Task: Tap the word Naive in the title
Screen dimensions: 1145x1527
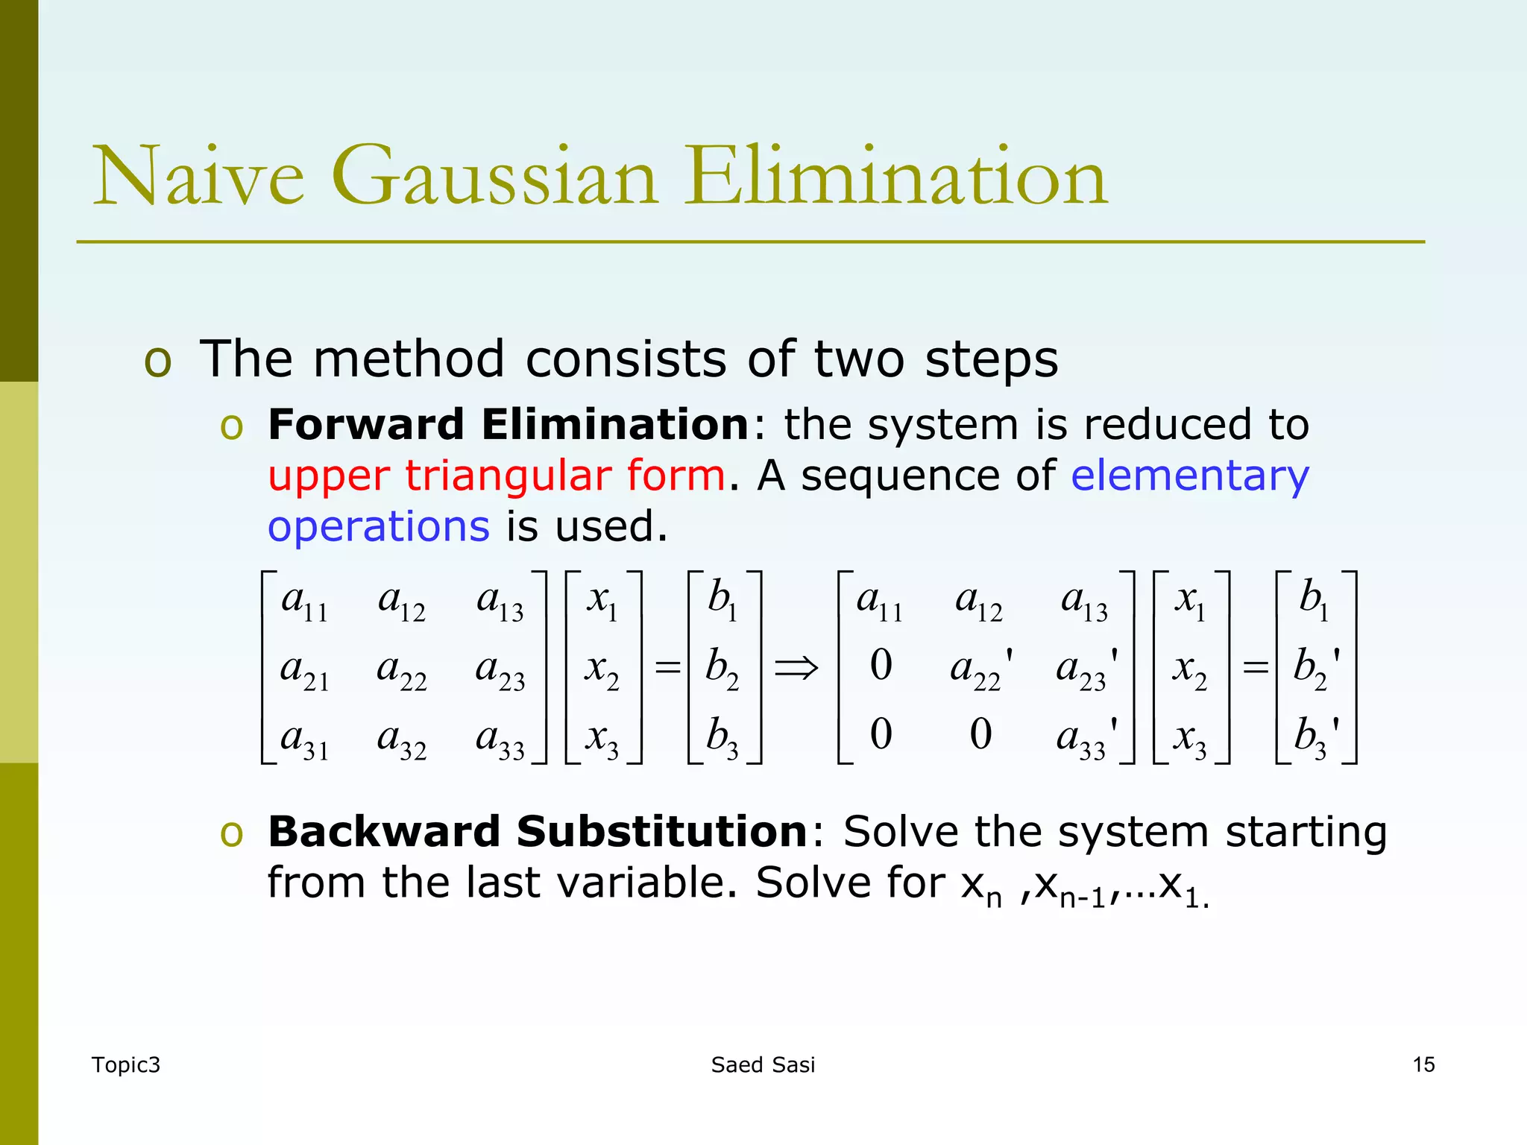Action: (198, 177)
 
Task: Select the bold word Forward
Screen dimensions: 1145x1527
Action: (365, 425)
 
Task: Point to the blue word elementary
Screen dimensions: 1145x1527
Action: (1190, 476)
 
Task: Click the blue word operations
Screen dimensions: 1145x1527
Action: (379, 526)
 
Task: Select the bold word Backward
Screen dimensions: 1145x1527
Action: (383, 831)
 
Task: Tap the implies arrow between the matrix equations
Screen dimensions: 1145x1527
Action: (796, 667)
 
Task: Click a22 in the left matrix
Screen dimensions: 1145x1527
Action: (401, 669)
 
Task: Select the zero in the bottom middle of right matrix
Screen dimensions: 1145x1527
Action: (980, 734)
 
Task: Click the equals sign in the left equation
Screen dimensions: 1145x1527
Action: (667, 667)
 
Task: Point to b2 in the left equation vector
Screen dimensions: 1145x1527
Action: (722, 667)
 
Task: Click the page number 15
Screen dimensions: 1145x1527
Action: (1423, 1064)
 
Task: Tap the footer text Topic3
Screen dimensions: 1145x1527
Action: (125, 1064)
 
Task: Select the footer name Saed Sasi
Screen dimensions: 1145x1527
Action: (763, 1064)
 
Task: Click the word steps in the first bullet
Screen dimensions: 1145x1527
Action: (991, 360)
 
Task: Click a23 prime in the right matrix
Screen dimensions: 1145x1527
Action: (1086, 669)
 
